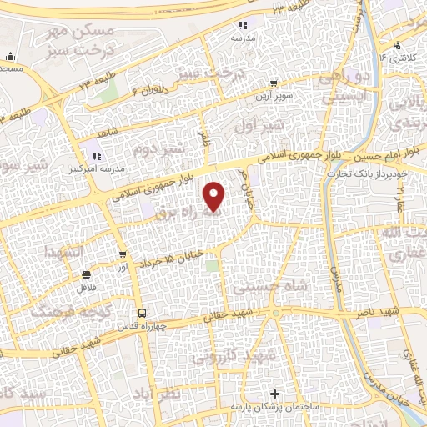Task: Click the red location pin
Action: tap(215, 196)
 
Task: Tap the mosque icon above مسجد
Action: tap(9, 57)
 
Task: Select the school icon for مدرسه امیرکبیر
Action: tap(96, 155)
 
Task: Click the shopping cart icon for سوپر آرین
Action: tap(274, 83)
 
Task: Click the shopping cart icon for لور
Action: tap(123, 255)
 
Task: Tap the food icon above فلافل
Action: tap(85, 274)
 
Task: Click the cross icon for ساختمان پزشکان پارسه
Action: tap(274, 394)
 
